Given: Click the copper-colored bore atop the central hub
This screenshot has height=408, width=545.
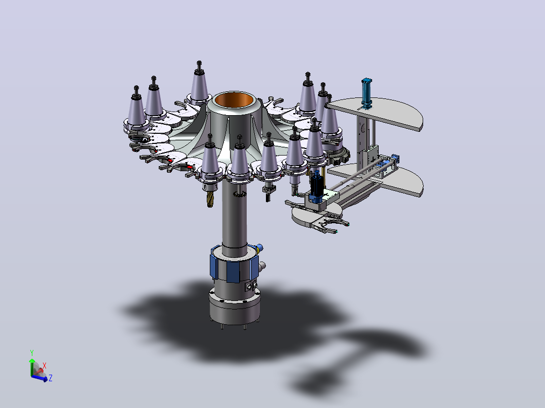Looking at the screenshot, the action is [x=234, y=100].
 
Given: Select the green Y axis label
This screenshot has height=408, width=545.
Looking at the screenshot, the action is [x=32, y=353].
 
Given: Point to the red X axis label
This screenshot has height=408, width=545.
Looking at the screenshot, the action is [x=44, y=366].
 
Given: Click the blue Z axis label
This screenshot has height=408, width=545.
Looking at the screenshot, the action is [x=51, y=378].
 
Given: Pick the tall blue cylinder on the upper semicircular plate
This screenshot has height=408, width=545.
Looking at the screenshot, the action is [x=367, y=93].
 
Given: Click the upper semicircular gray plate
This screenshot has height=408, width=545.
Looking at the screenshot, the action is [x=375, y=113].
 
